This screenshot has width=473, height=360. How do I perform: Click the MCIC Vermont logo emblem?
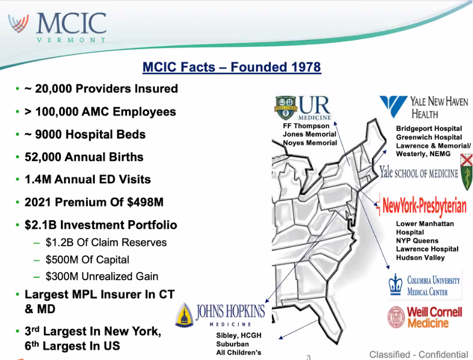pyautogui.click(x=19, y=23)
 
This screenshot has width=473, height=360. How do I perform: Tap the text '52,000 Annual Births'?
pyautogui.click(x=84, y=157)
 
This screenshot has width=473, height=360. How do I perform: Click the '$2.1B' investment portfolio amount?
pyautogui.click(x=41, y=225)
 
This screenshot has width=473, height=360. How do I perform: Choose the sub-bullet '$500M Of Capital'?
pyautogui.click(x=87, y=259)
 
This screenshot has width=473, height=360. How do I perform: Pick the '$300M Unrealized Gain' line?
pyautogui.click(x=102, y=276)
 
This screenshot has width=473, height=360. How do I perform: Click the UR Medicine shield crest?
pyautogui.click(x=285, y=108)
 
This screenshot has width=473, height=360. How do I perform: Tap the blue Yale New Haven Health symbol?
pyautogui.click(x=393, y=106)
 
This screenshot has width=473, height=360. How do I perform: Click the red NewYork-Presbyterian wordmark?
pyautogui.click(x=425, y=206)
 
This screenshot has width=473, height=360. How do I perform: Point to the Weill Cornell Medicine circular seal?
pyautogui.click(x=396, y=317)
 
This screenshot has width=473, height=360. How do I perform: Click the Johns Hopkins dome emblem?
pyautogui.click(x=185, y=315)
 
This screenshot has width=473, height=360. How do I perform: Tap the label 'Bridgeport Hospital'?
pyautogui.click(x=429, y=128)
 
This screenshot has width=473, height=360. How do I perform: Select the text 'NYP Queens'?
pyautogui.click(x=417, y=241)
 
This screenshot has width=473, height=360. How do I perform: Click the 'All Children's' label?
pyautogui.click(x=239, y=352)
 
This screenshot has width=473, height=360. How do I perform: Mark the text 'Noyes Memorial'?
pyautogui.click(x=310, y=142)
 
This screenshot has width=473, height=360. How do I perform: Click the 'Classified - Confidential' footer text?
pyautogui.click(x=419, y=354)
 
